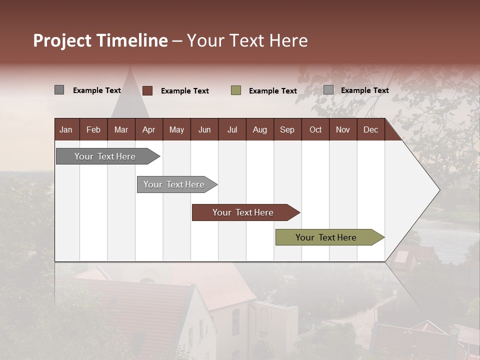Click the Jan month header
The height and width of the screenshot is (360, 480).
(66, 129)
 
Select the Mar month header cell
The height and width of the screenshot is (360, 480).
(121, 129)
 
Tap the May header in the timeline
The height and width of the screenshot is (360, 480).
(176, 129)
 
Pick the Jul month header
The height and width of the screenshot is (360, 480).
(232, 129)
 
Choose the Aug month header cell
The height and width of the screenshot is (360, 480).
(259, 129)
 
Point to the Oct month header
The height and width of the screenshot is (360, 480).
(315, 129)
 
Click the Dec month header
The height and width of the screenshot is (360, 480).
(370, 129)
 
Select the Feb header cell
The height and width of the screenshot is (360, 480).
(93, 129)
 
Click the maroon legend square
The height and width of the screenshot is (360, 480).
(147, 90)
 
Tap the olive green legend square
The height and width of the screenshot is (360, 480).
(236, 90)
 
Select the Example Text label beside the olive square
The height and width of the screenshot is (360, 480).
(272, 91)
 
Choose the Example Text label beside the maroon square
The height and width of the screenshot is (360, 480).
(184, 91)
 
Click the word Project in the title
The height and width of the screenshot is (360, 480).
(62, 40)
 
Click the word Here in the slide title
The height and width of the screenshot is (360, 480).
(288, 40)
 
